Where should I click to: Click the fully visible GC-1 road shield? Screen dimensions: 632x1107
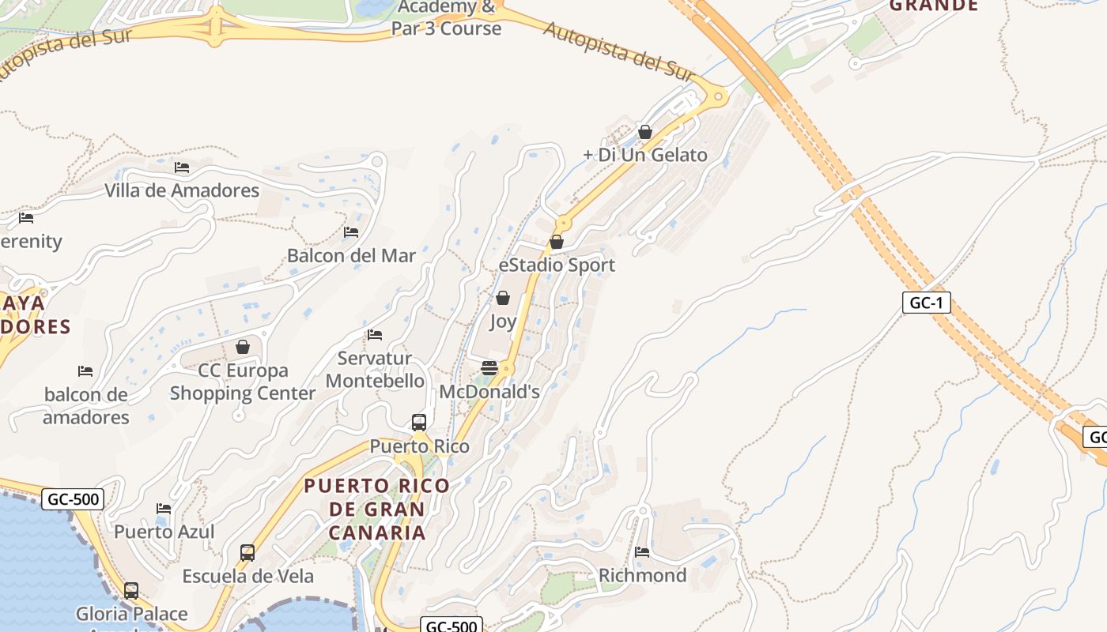pos(926,303)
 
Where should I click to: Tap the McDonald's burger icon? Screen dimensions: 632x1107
pos(489,368)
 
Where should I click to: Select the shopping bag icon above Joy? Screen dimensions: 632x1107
pos(502,298)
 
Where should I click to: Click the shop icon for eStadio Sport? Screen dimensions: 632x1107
pos(557,242)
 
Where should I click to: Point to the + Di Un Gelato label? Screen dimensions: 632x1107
pos(645,155)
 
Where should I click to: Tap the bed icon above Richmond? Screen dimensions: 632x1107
pos(642,551)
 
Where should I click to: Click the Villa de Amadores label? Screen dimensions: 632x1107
pos(182,190)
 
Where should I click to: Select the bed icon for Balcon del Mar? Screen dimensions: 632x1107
pos(351,232)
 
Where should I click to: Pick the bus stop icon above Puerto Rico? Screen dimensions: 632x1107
pos(419,423)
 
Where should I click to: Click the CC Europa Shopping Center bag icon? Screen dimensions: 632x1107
pos(243,347)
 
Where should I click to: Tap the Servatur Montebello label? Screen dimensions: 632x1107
pos(375,370)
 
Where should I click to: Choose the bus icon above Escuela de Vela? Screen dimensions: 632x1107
pos(247,553)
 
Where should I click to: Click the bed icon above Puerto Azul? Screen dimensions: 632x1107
pos(164,508)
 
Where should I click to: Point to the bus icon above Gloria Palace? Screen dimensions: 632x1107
pos(131,590)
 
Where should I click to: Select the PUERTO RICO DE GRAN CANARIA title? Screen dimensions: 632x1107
pos(377,509)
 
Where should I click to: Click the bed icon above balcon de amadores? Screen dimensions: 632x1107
pos(85,371)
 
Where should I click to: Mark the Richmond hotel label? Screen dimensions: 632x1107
pos(642,575)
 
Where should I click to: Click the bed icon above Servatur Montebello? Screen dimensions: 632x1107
pos(375,335)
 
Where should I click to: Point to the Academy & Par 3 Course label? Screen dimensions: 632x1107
pos(446,18)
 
